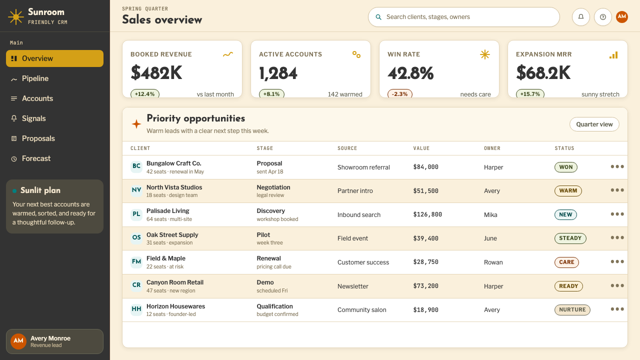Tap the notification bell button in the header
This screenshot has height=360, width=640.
(x=581, y=17)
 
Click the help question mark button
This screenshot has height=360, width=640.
(x=603, y=17)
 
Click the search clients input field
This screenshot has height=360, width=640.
(x=463, y=17)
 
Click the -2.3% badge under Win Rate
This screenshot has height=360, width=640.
(x=399, y=94)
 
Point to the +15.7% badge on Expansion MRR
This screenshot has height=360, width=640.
(x=530, y=94)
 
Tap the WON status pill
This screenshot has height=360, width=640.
(x=565, y=167)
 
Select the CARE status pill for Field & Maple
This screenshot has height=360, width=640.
(x=566, y=262)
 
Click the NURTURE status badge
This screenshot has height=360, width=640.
(x=572, y=309)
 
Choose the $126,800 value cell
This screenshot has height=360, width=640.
(x=427, y=214)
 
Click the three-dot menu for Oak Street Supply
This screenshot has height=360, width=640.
(x=617, y=237)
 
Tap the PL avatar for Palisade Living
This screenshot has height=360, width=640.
(x=136, y=214)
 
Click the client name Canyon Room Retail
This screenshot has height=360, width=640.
(x=175, y=282)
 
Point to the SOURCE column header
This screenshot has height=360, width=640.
(x=347, y=148)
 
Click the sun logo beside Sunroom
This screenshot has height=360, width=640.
(x=15, y=17)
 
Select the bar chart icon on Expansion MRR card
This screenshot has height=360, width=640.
(x=613, y=55)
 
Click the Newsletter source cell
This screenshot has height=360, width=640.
(x=353, y=286)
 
